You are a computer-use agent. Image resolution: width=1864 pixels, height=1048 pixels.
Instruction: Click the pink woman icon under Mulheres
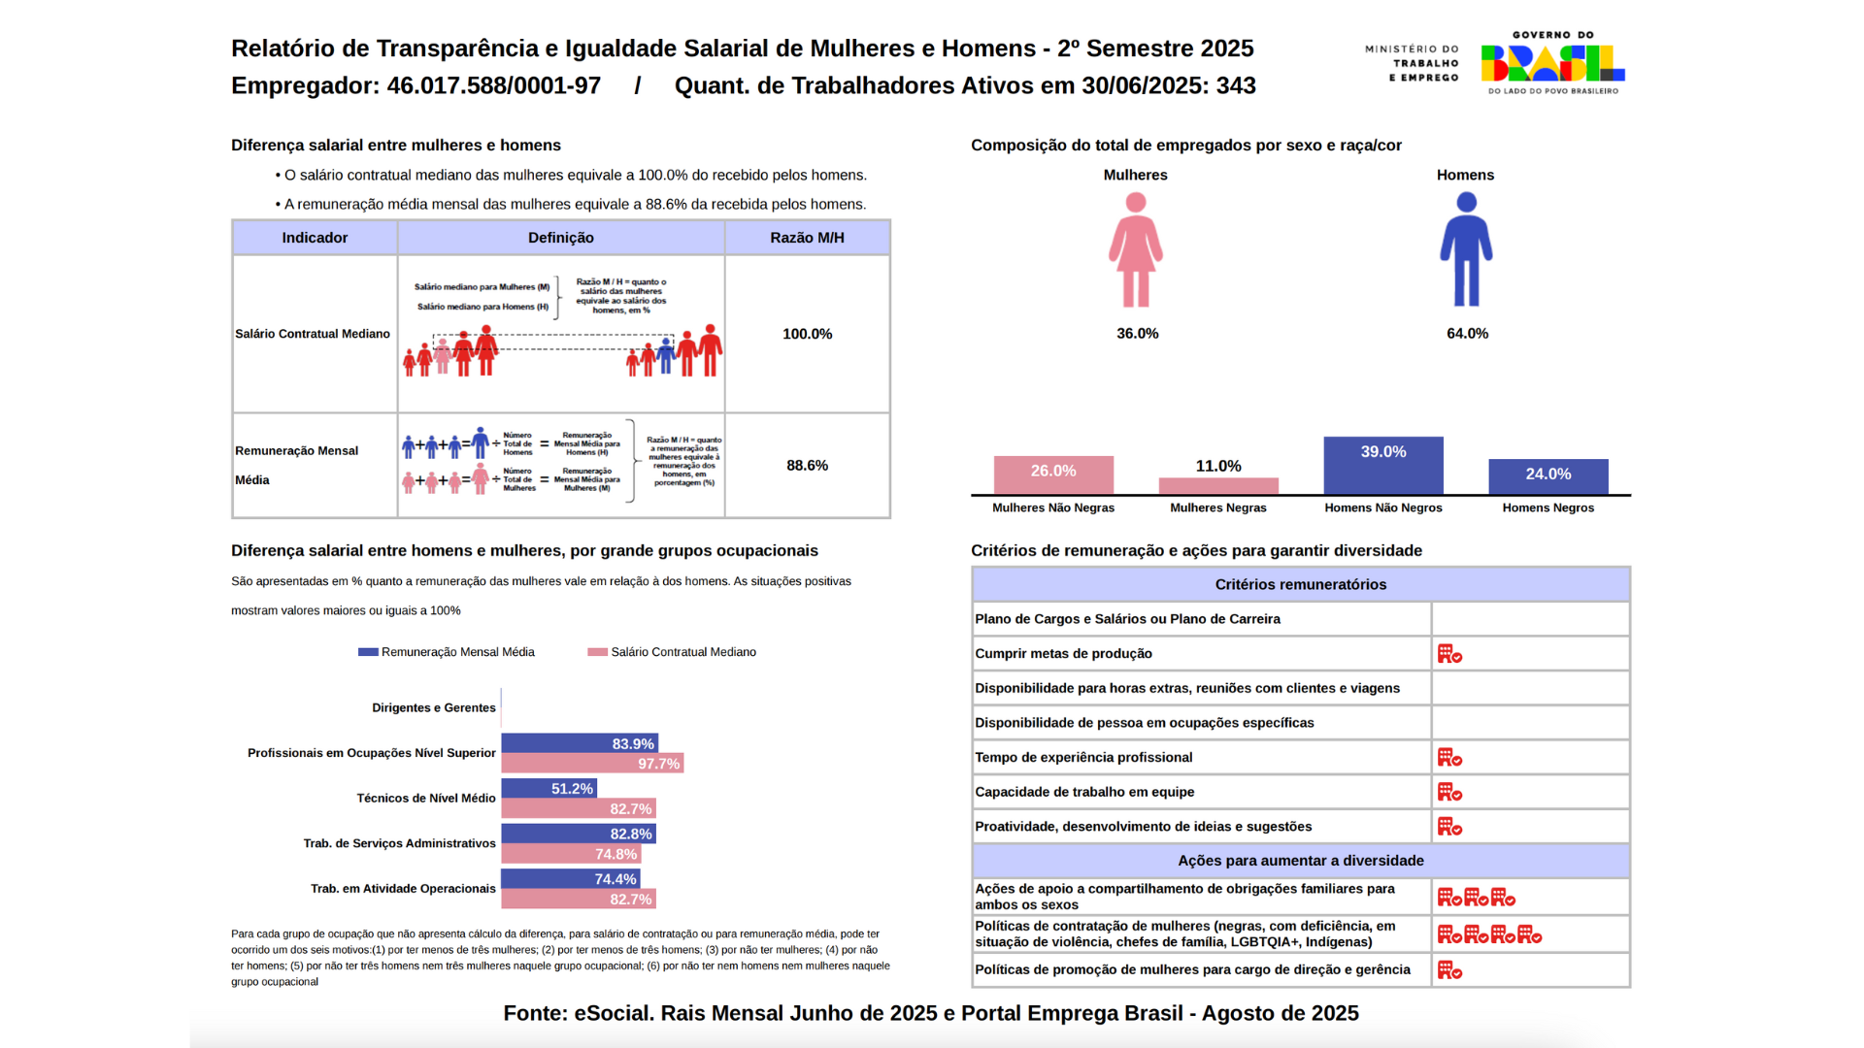coord(1135,250)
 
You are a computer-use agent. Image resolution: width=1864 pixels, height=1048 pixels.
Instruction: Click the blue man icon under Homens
coord(1466,250)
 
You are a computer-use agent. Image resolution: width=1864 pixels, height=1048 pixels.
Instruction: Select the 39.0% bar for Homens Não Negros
coord(1382,466)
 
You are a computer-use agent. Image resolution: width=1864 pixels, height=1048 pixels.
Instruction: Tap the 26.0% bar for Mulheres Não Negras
coord(1053,475)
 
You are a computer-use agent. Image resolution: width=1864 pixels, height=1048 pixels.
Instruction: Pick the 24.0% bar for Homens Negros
coord(1548,476)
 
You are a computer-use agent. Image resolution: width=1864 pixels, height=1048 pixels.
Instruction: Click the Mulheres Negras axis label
coord(1217,508)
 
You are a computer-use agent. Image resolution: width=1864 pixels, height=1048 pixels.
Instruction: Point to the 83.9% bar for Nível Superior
coord(580,743)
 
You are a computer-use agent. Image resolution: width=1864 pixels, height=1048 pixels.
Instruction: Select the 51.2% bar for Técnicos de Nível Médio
coord(549,788)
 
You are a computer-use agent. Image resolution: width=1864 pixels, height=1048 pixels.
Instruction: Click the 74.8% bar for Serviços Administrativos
coord(571,854)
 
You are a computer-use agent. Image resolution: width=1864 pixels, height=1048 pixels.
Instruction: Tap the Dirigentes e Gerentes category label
coord(433,707)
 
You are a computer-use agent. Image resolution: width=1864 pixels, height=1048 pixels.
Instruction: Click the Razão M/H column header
coord(807,238)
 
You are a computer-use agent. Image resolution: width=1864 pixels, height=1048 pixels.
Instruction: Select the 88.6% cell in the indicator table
coord(807,466)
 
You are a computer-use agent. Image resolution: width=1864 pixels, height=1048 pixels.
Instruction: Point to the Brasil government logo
coord(1552,63)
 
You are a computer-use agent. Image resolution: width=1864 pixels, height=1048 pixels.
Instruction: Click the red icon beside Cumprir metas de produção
coord(1449,654)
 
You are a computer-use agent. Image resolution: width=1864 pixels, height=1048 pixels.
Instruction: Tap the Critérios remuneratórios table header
coord(1300,584)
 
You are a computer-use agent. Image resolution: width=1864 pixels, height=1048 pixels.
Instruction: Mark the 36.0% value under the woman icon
coord(1137,333)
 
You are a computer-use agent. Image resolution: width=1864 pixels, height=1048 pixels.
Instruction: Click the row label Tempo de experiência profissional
coord(1083,757)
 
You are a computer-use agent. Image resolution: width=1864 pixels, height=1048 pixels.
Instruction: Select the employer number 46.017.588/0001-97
coord(493,85)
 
